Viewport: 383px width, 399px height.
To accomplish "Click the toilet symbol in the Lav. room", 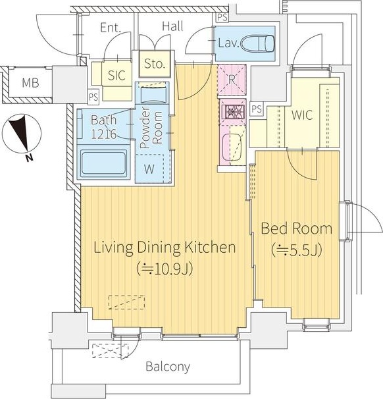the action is (257, 43).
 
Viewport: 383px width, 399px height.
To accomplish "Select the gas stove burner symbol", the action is (233, 111).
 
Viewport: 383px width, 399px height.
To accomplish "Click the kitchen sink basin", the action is (232, 147).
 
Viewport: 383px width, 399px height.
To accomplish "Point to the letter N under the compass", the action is (30, 158).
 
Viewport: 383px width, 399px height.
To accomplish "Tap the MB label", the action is (30, 83).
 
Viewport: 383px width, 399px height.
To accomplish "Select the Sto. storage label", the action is (155, 63).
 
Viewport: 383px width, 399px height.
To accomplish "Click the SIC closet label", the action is (116, 75).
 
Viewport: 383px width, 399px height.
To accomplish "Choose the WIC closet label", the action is (302, 115).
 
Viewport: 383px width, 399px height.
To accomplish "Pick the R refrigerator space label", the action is (232, 80).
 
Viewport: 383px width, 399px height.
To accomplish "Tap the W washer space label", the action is (149, 169).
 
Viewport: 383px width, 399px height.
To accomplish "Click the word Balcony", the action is (168, 367).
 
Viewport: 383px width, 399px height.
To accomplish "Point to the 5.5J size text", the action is (297, 250).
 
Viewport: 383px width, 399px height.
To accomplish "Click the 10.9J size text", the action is (165, 269).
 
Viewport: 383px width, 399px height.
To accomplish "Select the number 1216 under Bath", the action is (104, 134).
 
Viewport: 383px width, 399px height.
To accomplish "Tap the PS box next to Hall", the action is (222, 17).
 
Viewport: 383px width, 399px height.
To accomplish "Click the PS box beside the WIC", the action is (257, 109).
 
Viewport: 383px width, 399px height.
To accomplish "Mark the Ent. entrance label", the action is (111, 28).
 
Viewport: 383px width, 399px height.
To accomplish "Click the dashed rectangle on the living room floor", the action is (126, 302).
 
